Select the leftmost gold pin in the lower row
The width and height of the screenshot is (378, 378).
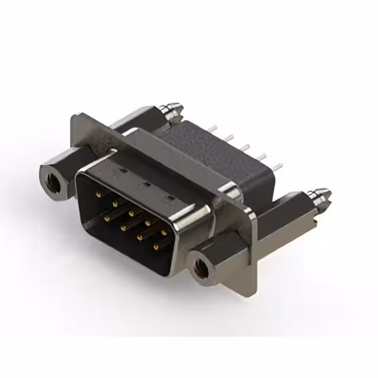click(x=106, y=217)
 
